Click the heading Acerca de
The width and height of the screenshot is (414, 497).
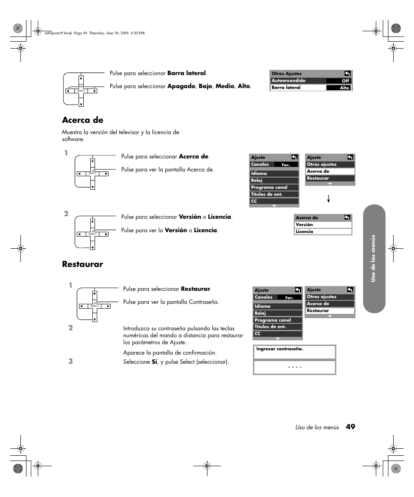tap(82, 120)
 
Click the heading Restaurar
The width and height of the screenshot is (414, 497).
tap(82, 264)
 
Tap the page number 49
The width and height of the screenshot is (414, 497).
tap(350, 427)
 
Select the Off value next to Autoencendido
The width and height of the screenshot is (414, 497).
tap(345, 81)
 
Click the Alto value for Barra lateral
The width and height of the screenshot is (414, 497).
tap(344, 88)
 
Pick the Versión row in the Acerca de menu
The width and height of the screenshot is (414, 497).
tap(304, 225)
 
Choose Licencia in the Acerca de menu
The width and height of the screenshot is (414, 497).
tap(304, 232)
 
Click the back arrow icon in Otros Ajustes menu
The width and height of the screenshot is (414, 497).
tap(347, 73)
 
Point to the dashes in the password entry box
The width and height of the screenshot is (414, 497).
tap(295, 368)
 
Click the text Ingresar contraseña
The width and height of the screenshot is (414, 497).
tap(279, 349)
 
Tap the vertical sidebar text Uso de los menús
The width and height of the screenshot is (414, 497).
tap(373, 259)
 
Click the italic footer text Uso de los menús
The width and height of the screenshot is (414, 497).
tap(317, 428)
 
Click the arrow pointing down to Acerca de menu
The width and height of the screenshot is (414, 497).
tap(329, 199)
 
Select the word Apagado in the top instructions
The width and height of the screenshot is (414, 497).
tap(181, 86)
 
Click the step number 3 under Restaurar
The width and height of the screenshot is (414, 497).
tap(71, 361)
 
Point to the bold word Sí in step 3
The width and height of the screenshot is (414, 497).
tap(154, 362)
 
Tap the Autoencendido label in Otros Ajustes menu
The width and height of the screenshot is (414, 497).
tap(289, 81)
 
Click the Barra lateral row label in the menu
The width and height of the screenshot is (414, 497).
tap(286, 88)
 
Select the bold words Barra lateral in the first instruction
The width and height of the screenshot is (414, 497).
tap(186, 73)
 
